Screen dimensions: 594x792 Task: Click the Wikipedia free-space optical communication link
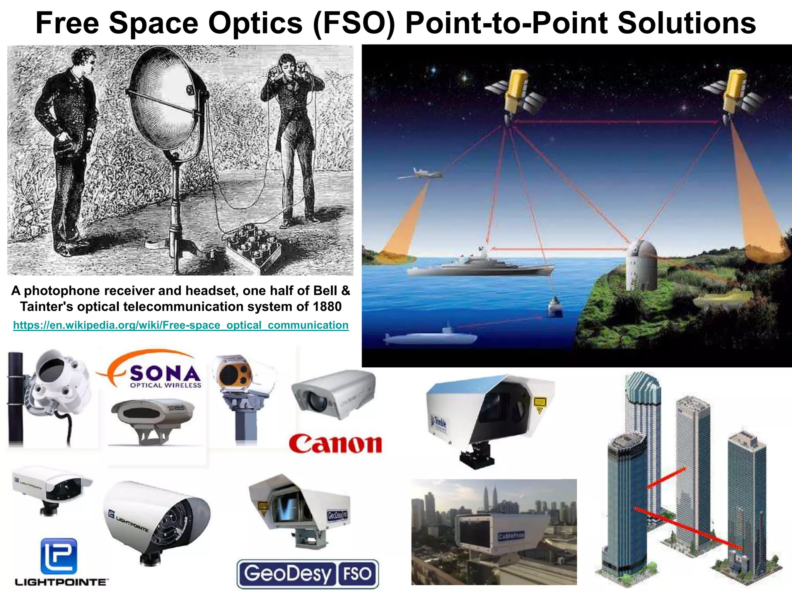point(181,325)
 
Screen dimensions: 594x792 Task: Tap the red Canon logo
point(335,444)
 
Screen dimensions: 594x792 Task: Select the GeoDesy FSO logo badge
point(307,574)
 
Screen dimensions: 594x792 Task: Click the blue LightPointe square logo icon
point(59,556)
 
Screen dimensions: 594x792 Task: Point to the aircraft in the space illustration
point(421,174)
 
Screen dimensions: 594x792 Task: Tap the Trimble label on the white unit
point(439,423)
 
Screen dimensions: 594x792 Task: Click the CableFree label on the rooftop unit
point(511,536)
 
